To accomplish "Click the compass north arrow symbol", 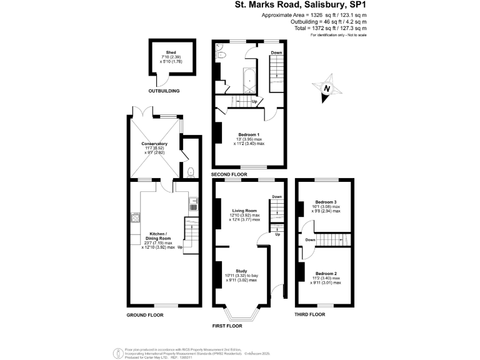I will point(326,89).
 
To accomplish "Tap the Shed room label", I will point(171,52).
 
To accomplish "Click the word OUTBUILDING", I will point(164,91).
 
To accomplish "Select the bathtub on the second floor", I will point(249,79).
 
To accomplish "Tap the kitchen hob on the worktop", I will point(136,218).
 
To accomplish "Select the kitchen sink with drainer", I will point(193,204).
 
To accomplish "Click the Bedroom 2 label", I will point(326,274).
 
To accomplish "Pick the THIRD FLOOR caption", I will point(310,314).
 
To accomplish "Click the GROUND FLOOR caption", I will point(145,314).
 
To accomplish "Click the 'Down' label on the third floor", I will point(310,239).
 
